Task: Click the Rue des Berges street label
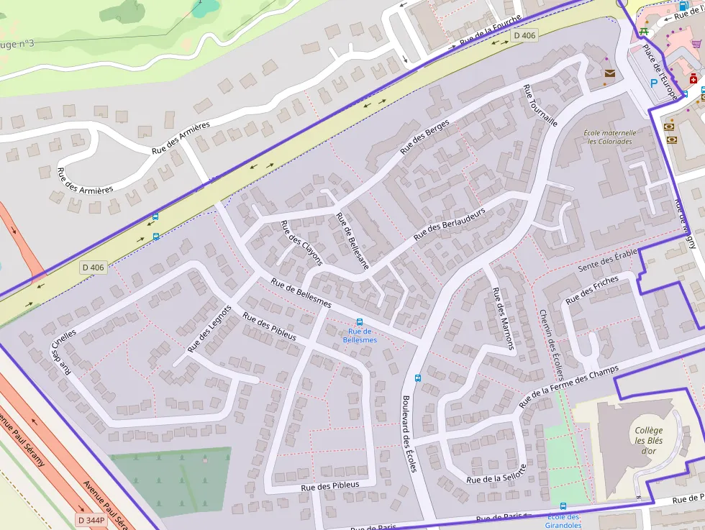424,137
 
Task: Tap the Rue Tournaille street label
540,105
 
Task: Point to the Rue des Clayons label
301,242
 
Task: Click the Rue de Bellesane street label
352,241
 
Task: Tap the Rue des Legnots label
209,329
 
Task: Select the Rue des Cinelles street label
62,352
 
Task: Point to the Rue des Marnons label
503,319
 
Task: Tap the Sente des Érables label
608,260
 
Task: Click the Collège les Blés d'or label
648,441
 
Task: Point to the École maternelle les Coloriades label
609,137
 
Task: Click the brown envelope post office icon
610,73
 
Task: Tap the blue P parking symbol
654,83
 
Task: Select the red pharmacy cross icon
693,78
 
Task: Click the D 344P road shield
91,519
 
